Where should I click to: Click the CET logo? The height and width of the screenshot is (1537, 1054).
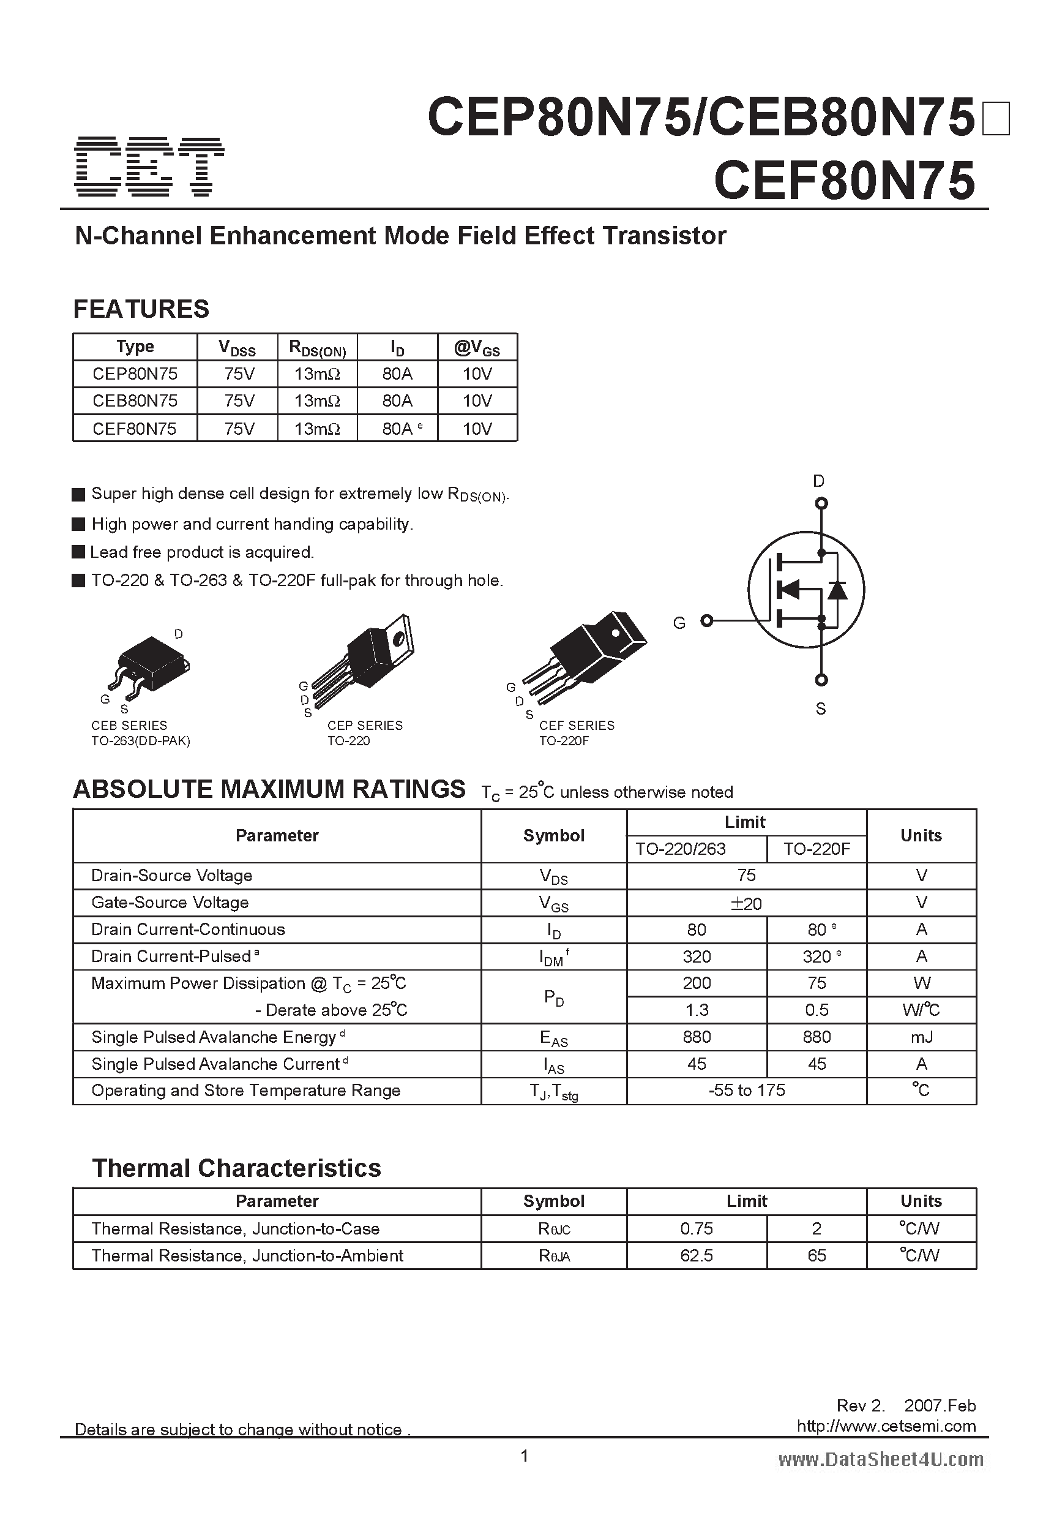point(149,167)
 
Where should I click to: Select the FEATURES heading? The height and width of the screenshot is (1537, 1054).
point(141,309)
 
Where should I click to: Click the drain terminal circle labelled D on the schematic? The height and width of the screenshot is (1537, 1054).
point(821,503)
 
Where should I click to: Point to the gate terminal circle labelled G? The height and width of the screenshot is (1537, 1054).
point(707,620)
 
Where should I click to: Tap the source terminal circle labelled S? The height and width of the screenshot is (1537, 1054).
point(821,679)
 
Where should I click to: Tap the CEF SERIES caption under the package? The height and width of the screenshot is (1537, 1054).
point(576,726)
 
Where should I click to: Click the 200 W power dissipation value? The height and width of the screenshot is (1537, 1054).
point(697,983)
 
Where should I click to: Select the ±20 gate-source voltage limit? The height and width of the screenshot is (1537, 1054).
point(746,903)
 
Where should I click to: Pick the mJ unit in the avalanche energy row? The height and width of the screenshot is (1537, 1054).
point(921,1037)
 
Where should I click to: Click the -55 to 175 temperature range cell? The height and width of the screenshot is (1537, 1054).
point(746,1091)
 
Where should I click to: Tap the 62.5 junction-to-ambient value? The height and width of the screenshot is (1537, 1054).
point(697,1256)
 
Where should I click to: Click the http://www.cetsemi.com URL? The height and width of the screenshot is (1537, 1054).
point(886,1426)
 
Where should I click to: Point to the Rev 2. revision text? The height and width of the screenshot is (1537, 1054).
point(859,1405)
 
